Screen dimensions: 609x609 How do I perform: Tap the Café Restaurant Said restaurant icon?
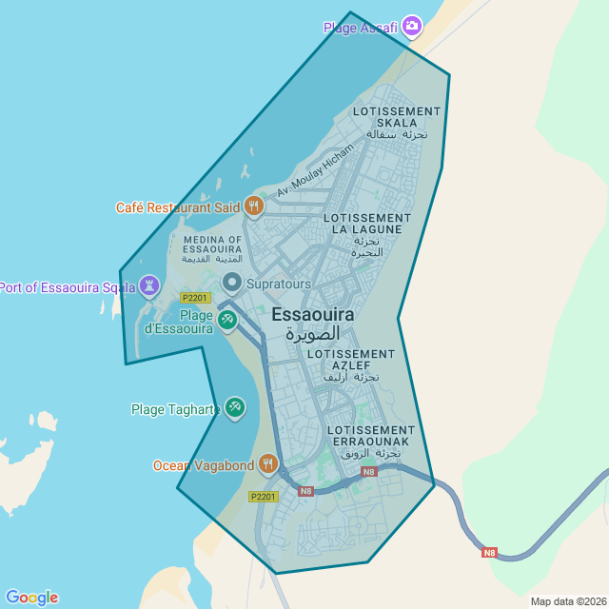(253, 206)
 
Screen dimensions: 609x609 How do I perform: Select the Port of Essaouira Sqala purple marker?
(149, 285)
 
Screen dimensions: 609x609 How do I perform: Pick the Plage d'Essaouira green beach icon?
(226, 319)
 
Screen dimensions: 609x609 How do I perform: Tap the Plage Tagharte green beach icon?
(234, 408)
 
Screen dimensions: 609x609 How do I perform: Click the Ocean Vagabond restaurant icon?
(268, 463)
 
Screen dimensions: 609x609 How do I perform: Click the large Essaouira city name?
(312, 314)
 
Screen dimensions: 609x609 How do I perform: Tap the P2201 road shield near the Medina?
(194, 298)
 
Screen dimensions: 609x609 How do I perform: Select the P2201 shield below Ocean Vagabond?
(263, 497)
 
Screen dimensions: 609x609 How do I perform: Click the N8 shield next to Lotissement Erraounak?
(369, 471)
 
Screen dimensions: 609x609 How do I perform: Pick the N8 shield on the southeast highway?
(489, 552)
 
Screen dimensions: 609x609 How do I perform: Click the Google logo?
(31, 597)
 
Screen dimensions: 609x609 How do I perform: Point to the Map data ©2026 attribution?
(567, 601)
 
